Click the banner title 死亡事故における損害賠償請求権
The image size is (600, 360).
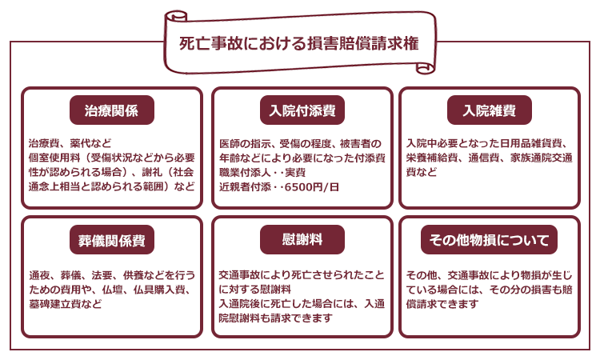299,43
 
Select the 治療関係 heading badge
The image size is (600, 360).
112,110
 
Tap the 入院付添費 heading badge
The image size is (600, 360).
302,110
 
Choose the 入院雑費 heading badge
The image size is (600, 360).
490,110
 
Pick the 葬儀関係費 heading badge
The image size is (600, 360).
112,240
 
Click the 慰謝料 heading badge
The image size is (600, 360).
302,240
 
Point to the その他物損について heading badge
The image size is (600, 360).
489,240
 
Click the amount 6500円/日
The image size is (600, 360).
312,187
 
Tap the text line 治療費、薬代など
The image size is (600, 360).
70,143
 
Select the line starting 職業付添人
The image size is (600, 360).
262,173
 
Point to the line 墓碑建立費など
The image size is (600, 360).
66,304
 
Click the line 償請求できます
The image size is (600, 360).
442,304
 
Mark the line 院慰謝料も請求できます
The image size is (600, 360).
275,318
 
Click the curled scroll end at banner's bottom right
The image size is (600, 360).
425,69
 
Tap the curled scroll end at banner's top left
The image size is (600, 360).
176,16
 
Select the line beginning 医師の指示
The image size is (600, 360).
300,144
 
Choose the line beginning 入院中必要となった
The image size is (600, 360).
487,143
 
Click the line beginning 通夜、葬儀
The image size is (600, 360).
112,275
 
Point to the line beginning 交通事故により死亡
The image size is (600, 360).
302,275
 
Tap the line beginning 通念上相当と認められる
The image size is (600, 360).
112,186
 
